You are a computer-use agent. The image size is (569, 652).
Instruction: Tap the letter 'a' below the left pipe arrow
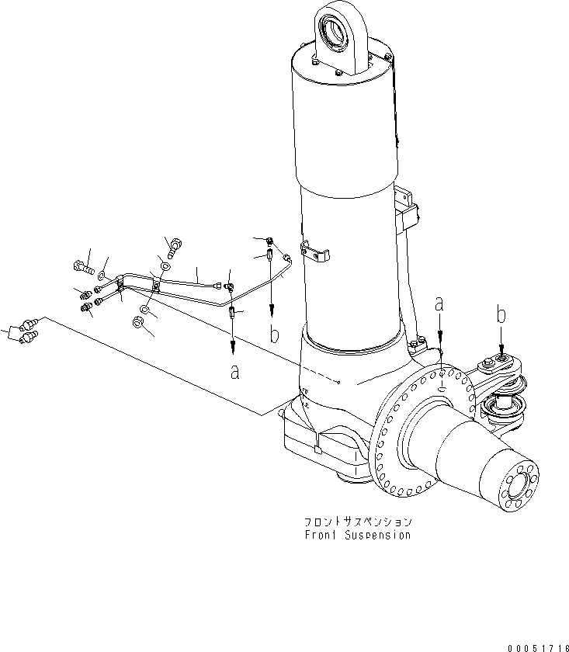(234, 371)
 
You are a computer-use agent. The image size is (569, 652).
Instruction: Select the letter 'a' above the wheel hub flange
(440, 306)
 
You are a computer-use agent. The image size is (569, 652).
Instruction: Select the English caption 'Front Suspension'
(359, 536)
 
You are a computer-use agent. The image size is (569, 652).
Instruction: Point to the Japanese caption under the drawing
(359, 522)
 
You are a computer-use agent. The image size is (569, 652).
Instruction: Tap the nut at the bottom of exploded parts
(138, 324)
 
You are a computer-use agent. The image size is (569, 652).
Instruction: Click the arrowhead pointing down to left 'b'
(272, 309)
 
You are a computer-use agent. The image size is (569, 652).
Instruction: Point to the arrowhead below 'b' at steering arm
(501, 353)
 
